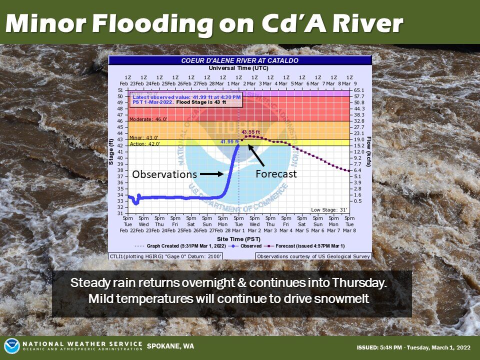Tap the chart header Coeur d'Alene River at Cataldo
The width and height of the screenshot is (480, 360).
pos(239,60)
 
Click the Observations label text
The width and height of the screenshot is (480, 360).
pos(164,174)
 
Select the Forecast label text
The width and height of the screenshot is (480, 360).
pos(276,174)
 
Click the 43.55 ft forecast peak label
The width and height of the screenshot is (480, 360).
pos(251,132)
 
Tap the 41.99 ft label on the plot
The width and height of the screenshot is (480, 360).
pos(229,142)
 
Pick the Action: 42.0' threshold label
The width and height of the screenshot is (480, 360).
pos(145,143)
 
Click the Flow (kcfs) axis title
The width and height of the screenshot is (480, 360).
pos(368,151)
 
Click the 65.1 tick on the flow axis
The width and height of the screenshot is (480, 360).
pos(358,90)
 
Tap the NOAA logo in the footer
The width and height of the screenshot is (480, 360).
pos(11,346)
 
